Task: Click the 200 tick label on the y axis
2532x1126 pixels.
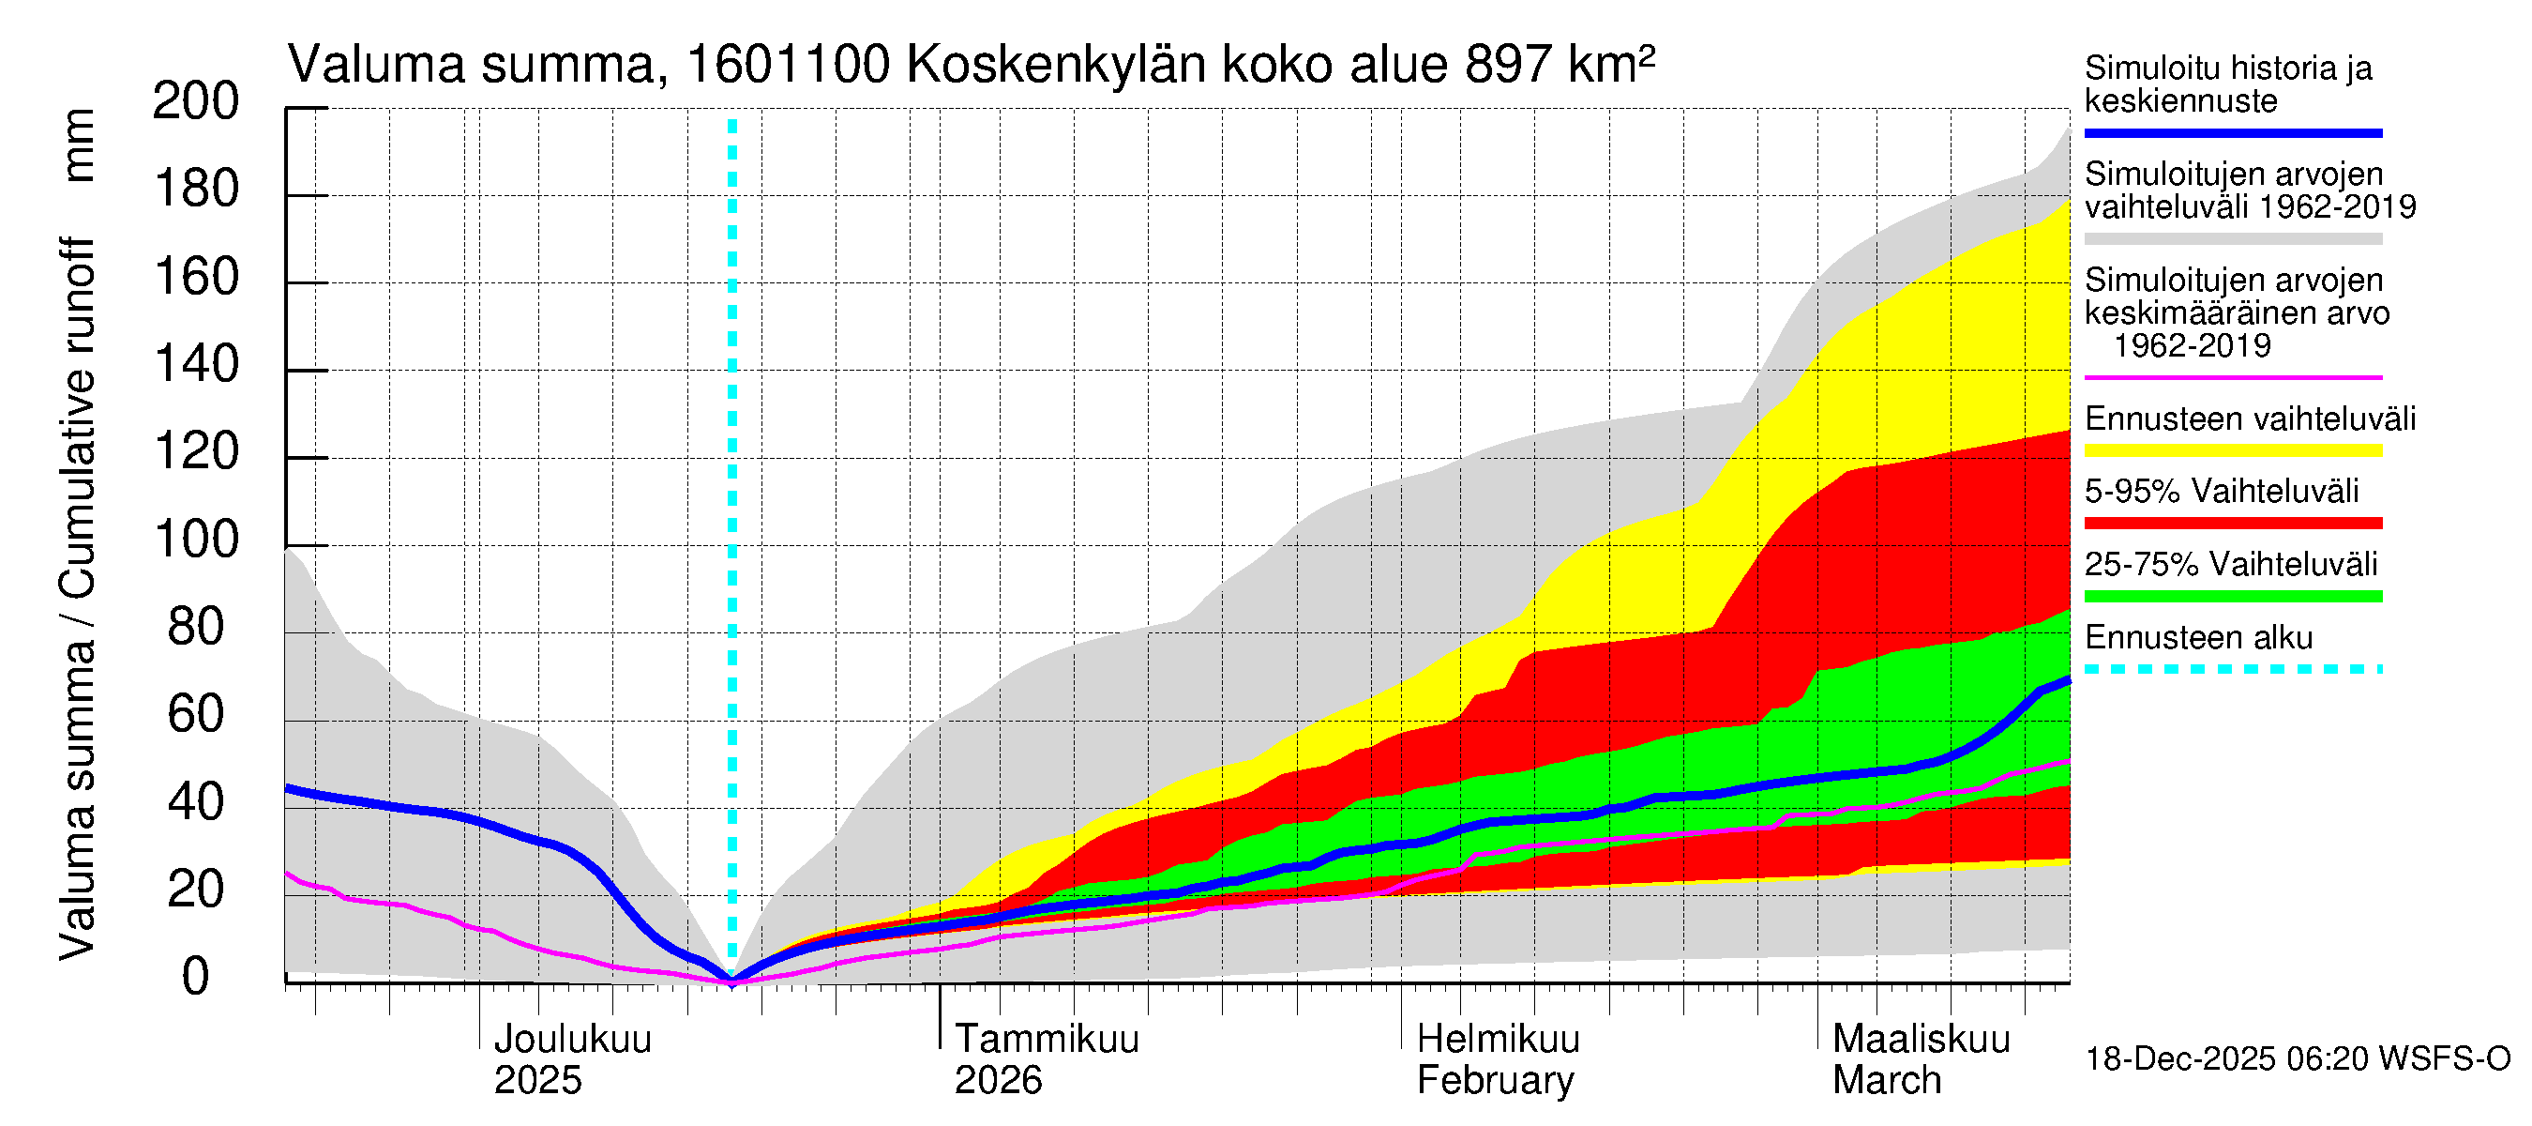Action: [196, 101]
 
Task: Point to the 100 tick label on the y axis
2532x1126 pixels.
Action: [196, 540]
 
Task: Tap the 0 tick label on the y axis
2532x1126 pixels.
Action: [196, 977]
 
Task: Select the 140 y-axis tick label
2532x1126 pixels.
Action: [196, 365]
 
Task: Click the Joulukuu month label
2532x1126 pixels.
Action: [572, 1039]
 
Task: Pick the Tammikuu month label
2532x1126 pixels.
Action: [1047, 1039]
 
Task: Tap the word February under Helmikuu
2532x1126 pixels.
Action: [1495, 1080]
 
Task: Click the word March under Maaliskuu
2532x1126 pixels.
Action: [1886, 1080]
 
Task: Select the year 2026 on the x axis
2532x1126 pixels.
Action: [998, 1080]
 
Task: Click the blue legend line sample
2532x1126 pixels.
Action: [2232, 132]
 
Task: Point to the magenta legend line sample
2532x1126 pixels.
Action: [2232, 377]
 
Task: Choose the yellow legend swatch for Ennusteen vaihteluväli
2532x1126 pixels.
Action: [2232, 451]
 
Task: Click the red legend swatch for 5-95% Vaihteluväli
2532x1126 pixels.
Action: [2232, 524]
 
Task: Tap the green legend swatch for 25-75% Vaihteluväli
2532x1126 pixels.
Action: [2232, 596]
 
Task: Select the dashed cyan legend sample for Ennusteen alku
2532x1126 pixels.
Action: [2232, 670]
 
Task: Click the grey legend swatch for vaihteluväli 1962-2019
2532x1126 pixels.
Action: [2232, 239]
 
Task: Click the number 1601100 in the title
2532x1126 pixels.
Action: [789, 65]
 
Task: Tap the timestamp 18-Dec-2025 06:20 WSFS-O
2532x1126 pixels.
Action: [2297, 1059]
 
